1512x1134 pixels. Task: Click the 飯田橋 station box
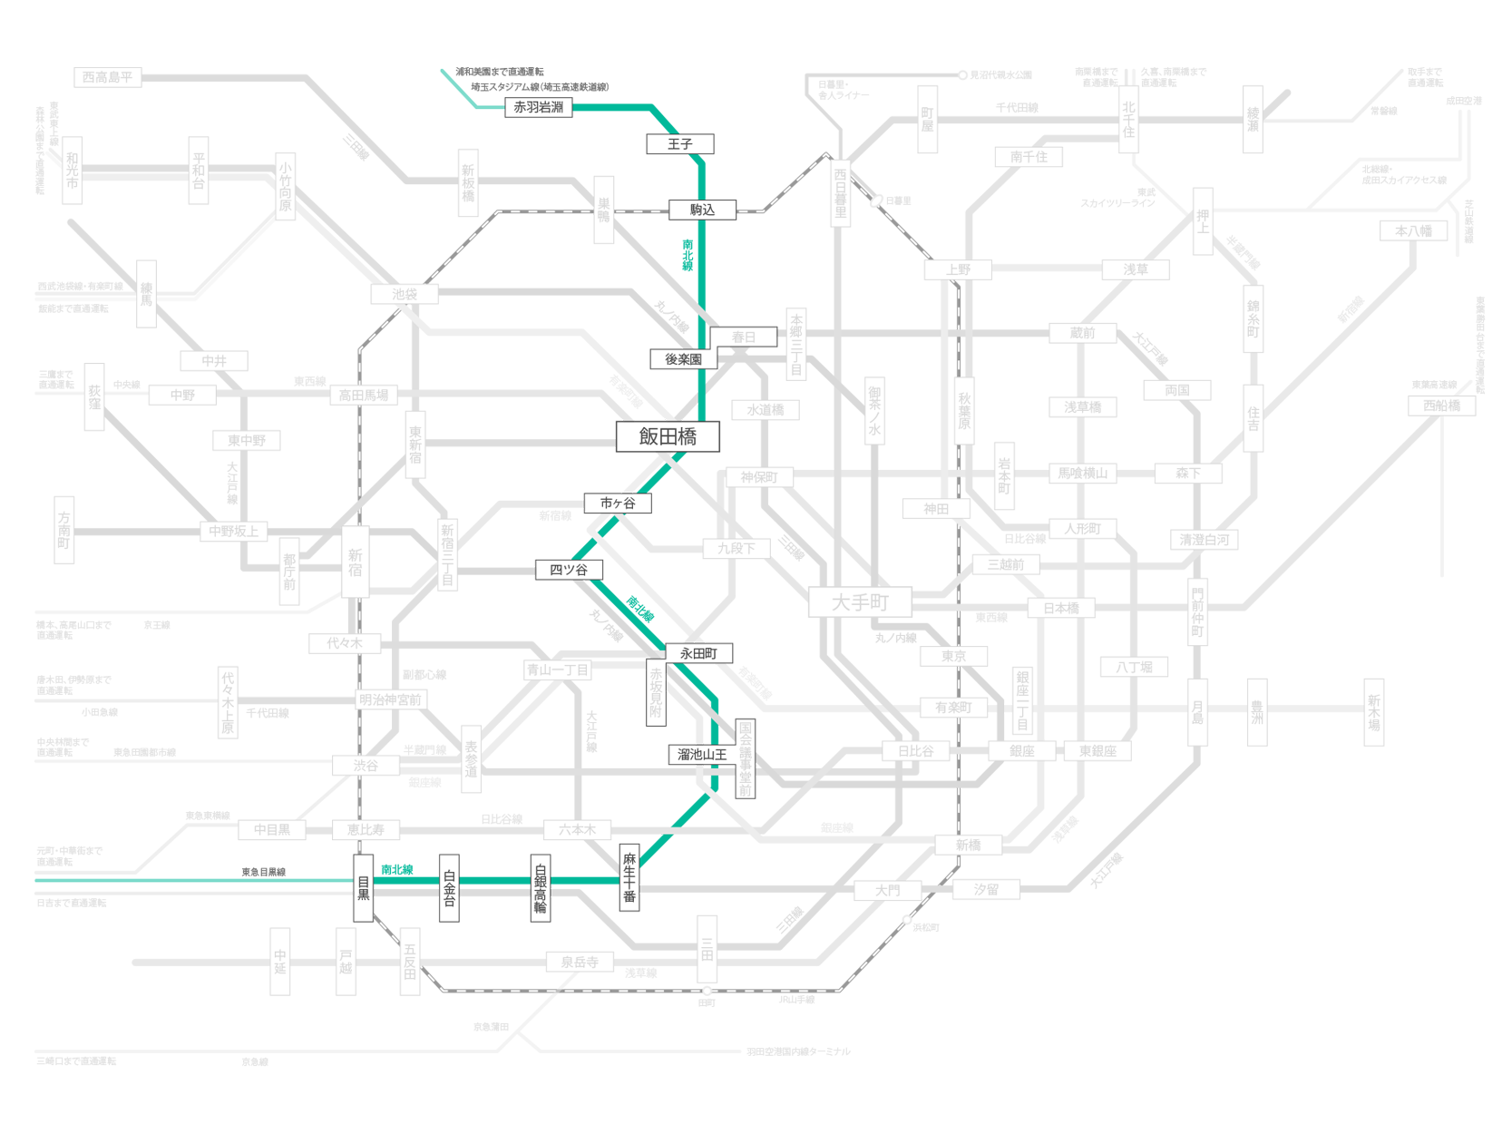[x=668, y=436]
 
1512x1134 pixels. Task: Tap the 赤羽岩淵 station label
[x=539, y=107]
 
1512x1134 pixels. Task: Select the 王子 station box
[x=679, y=144]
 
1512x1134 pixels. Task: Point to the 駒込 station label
[x=702, y=210]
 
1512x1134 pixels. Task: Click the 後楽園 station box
[x=683, y=359]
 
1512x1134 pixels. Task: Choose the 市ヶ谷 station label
[x=618, y=503]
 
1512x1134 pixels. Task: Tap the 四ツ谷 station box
[x=569, y=570]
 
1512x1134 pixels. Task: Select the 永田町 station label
[x=698, y=653]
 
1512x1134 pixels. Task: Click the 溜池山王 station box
[x=701, y=754]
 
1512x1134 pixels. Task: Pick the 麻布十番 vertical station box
[x=629, y=877]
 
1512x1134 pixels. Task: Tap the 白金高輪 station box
[x=541, y=888]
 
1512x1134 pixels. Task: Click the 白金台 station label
[x=449, y=888]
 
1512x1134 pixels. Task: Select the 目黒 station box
[x=363, y=888]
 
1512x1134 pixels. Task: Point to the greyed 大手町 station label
[x=860, y=602]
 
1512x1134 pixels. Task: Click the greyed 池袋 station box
[x=405, y=294]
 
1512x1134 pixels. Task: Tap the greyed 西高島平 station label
[x=108, y=77]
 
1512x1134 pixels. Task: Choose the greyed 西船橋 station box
[x=1441, y=406]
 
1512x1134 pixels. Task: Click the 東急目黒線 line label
[x=263, y=872]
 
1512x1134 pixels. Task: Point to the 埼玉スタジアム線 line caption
[x=539, y=87]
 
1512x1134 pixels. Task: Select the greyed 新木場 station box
[x=1374, y=712]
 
